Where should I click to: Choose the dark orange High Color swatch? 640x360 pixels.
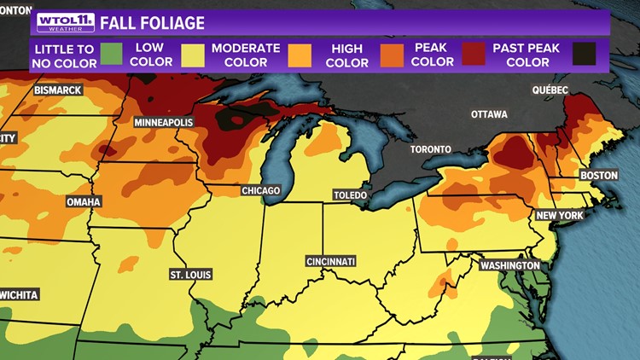coord(391,55)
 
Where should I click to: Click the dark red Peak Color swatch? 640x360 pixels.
coord(474,55)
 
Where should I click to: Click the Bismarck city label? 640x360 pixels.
coord(57,90)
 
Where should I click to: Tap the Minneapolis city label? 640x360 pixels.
coord(164,123)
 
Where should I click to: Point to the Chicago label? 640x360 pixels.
coord(260,190)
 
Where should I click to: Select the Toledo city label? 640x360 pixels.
coord(350,195)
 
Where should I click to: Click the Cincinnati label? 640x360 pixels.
coord(331,261)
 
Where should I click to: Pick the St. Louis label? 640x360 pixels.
coord(191,275)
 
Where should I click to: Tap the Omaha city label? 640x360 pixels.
coord(84,202)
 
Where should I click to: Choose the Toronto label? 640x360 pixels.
coord(430,149)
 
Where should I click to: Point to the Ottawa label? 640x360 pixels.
coord(489,114)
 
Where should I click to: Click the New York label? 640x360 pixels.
coord(560,216)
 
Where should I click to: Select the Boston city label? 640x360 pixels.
coord(598,176)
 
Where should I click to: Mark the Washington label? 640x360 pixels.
coord(509,266)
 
